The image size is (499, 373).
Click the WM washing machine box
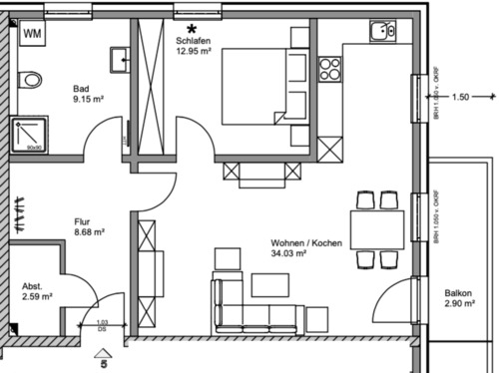point(32,33)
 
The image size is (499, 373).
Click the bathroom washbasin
point(120,56)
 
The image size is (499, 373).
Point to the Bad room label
point(82,88)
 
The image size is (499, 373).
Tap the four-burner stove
point(329,69)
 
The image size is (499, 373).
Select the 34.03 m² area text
point(288,254)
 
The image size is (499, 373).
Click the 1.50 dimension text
point(460,97)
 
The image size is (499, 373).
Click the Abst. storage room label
point(32,285)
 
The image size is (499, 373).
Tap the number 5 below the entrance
point(103,364)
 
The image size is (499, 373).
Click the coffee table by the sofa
point(269,285)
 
